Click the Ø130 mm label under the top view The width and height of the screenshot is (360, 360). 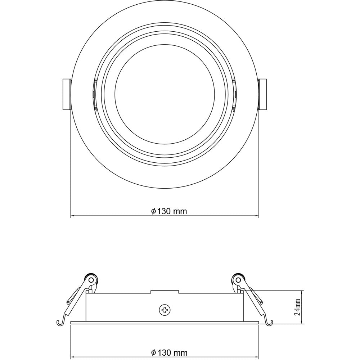[x=169, y=211]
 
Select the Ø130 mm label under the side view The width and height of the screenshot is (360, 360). [x=169, y=352]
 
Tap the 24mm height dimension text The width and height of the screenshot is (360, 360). [x=297, y=307]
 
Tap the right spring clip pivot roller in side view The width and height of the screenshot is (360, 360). [x=238, y=280]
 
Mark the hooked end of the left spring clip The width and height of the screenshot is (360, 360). [x=59, y=323]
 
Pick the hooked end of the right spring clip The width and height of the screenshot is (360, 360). [x=269, y=323]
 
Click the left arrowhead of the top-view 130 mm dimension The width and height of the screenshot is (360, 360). [x=72, y=216]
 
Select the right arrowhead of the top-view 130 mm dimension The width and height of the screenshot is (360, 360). [x=257, y=216]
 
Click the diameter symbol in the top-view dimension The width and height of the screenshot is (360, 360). [x=153, y=211]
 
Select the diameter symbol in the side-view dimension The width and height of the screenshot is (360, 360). [x=153, y=352]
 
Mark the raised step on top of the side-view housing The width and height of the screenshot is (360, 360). [x=165, y=292]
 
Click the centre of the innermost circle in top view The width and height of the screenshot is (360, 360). [x=165, y=94]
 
